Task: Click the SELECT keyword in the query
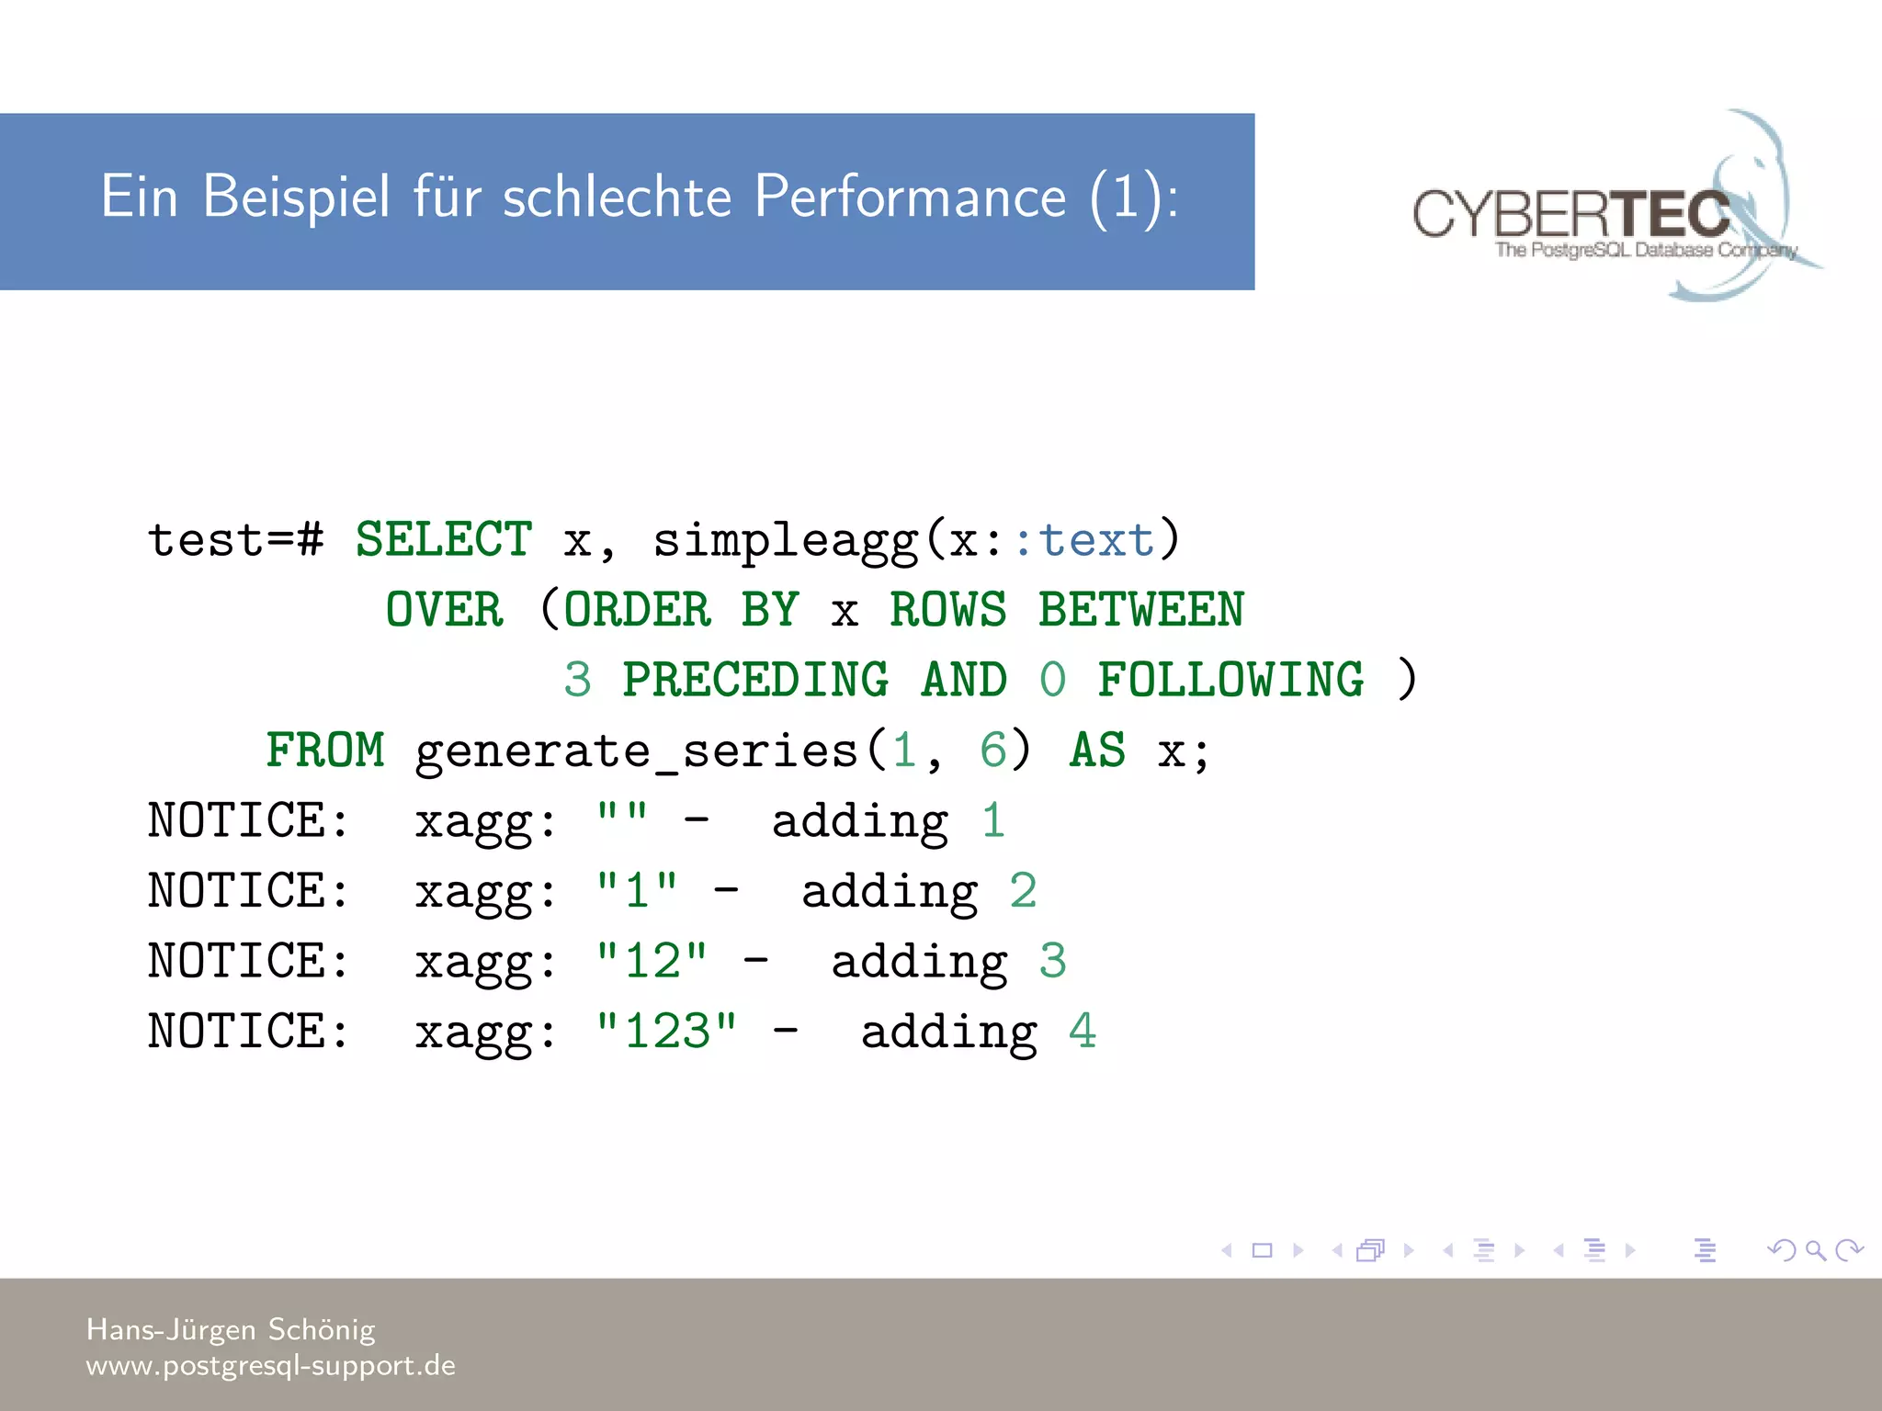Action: click(x=443, y=539)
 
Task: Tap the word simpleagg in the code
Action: click(x=786, y=541)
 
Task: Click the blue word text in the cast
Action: click(x=1096, y=539)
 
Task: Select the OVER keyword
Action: click(x=444, y=610)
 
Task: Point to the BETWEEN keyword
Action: click(x=1140, y=610)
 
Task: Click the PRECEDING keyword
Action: click(x=755, y=680)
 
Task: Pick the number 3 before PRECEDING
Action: click(x=577, y=680)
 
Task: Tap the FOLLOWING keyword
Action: click(x=1230, y=680)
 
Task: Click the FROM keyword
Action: click(x=324, y=751)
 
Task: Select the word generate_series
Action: click(x=637, y=752)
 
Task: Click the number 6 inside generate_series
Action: click(x=992, y=751)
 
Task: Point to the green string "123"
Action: click(x=666, y=1032)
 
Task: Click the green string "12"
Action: click(x=652, y=961)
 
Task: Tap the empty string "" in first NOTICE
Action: click(x=622, y=814)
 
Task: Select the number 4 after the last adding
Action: click(x=1083, y=1032)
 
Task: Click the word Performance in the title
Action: click(x=910, y=197)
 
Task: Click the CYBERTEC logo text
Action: click(x=1571, y=214)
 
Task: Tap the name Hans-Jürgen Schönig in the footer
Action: click(x=231, y=1329)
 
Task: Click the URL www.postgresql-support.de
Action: click(x=270, y=1366)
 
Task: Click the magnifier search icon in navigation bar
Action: click(x=1815, y=1250)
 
